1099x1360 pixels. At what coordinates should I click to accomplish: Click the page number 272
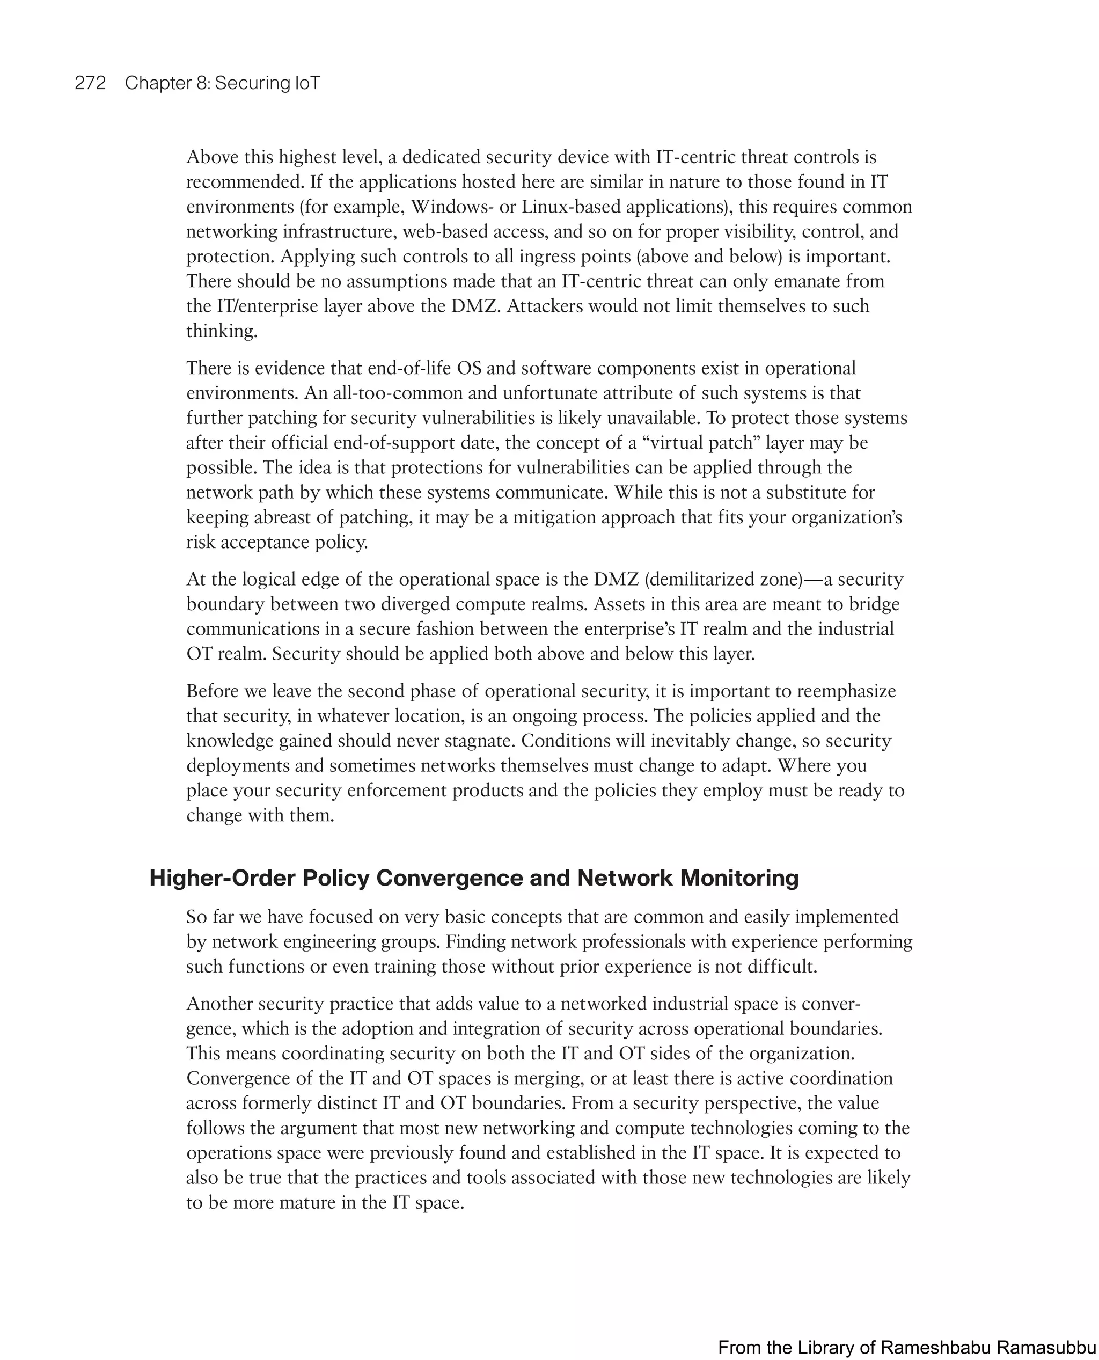(x=90, y=83)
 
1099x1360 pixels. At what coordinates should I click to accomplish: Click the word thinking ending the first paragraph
(x=222, y=331)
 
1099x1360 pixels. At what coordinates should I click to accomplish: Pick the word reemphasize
(x=846, y=691)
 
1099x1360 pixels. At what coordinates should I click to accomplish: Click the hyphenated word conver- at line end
(x=831, y=1004)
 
